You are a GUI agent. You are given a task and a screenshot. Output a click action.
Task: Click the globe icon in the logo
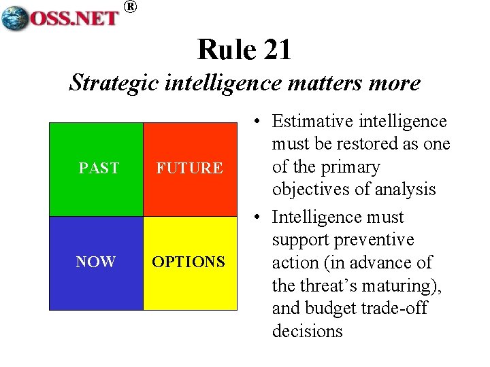point(15,17)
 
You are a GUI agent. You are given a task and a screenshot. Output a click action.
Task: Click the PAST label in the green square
point(99,168)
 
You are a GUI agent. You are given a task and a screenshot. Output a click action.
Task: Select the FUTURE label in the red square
point(189,168)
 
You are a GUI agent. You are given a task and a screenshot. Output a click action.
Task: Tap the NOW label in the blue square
point(95,262)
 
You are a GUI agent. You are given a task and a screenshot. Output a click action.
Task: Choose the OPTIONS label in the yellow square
point(189,262)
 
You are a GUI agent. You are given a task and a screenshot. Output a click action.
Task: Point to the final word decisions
point(307,331)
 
